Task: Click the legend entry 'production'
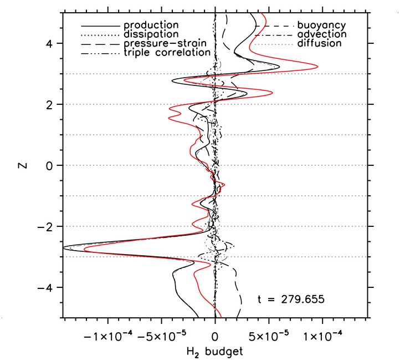(151, 26)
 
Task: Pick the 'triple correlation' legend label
(167, 53)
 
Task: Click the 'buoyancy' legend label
(321, 26)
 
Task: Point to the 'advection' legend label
(322, 34)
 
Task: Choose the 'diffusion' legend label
(319, 43)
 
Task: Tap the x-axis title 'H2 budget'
(215, 351)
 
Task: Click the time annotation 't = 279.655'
(291, 299)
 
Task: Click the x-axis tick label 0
(215, 336)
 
